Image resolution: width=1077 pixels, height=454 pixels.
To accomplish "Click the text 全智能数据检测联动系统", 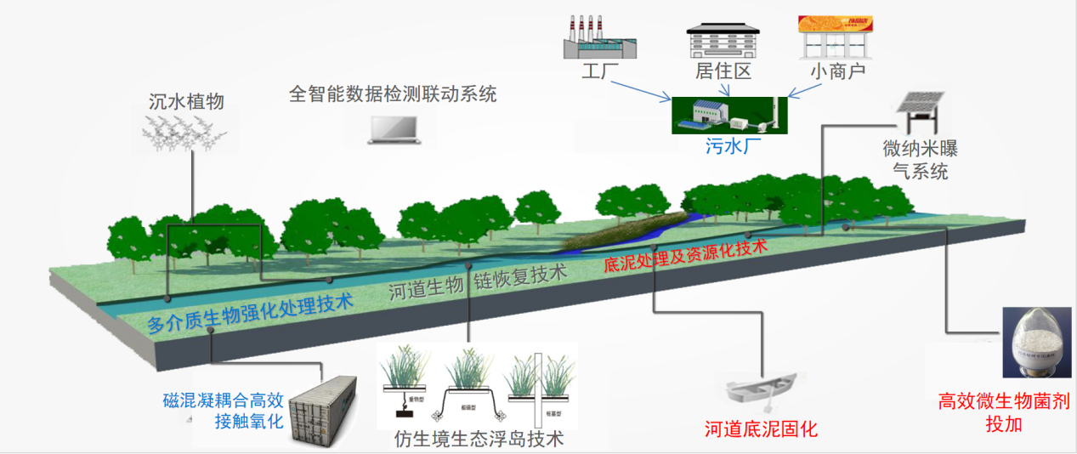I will coord(393,94).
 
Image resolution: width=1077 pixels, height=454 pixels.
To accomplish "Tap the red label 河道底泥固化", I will coord(761,429).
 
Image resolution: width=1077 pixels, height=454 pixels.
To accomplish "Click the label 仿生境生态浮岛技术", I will coord(479,440).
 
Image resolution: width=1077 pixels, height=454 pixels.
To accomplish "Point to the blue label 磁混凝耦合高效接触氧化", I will coord(223,410).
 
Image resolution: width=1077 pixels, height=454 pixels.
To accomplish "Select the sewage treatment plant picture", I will coord(729,115).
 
